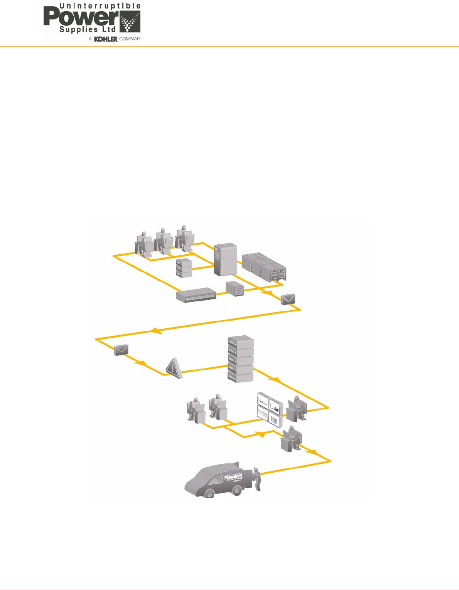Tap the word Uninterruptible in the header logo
pos(100,6)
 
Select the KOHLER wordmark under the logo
pos(106,39)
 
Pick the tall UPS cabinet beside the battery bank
pos(225,259)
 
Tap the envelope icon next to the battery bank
pos(288,299)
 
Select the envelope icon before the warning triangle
pos(121,350)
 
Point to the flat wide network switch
pos(196,295)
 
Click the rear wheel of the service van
pos(237,490)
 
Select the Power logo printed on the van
pos(233,477)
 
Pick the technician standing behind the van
pos(256,479)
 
